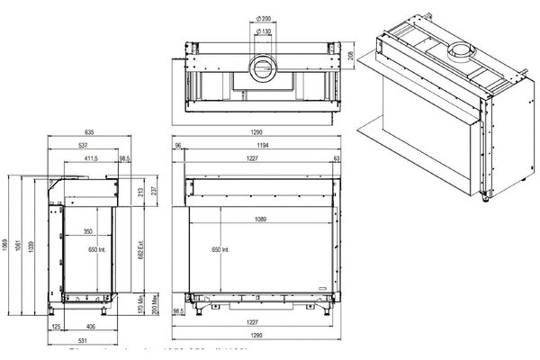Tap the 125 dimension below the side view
(56, 327)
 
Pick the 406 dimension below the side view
(89, 327)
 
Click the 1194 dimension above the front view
(262, 144)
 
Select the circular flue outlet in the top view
(265, 65)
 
